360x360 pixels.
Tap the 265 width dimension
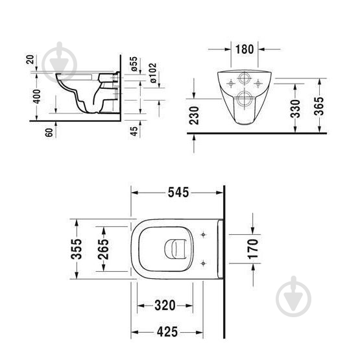[104, 248]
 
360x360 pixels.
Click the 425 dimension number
[166, 333]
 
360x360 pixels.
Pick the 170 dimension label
[253, 248]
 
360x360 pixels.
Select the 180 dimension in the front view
[245, 49]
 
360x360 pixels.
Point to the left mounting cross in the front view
[230, 83]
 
